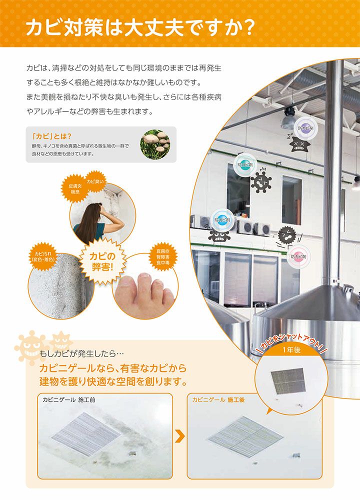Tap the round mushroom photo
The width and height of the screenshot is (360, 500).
pyautogui.click(x=154, y=144)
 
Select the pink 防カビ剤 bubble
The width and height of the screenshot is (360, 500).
pyautogui.click(x=298, y=256)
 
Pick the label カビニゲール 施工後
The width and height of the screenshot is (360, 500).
pyautogui.click(x=218, y=400)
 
